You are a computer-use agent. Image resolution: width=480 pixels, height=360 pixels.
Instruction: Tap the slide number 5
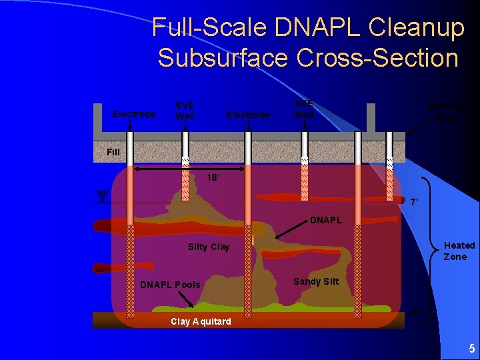point(471,349)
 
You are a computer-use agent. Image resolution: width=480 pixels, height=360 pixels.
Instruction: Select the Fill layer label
point(113,152)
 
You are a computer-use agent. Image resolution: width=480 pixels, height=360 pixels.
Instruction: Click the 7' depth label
point(414,201)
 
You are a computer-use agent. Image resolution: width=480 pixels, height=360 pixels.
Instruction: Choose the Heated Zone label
point(459,251)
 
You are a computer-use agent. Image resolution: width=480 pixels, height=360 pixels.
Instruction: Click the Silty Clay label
point(209,247)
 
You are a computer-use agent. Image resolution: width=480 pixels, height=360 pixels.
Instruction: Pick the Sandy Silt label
point(315,281)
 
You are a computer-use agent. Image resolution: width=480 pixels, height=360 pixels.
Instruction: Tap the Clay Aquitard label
point(201,321)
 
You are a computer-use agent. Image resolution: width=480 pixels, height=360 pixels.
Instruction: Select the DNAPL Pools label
point(170,285)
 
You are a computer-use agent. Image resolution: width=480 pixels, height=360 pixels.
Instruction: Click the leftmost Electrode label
point(134,114)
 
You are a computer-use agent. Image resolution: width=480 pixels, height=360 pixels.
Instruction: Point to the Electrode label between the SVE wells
point(248,115)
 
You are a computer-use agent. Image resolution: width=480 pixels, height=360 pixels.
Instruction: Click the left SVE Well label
point(185,110)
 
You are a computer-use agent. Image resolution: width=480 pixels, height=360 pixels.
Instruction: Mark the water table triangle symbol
point(102,196)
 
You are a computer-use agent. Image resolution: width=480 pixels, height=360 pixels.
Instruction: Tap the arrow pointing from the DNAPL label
point(288,230)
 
